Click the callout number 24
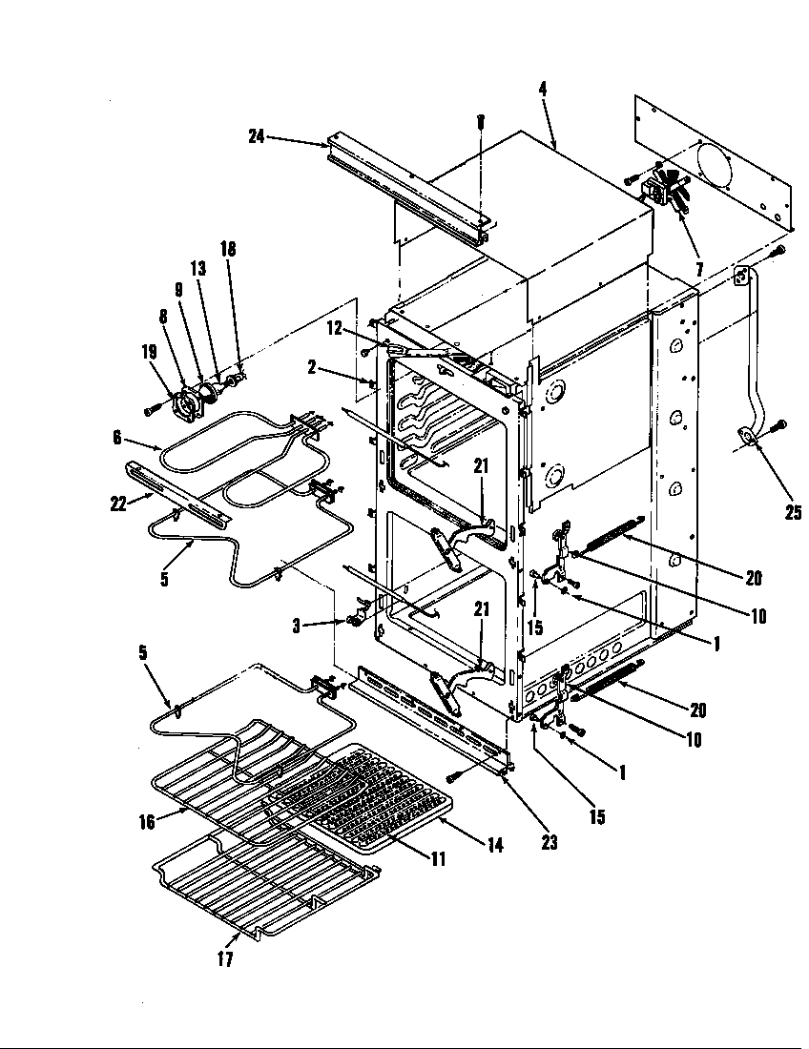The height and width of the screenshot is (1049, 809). click(x=256, y=136)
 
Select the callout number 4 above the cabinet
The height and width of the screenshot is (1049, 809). click(x=542, y=90)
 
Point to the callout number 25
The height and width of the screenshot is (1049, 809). click(x=793, y=513)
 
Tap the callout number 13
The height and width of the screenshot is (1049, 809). click(x=198, y=269)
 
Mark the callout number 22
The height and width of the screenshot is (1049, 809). click(x=119, y=504)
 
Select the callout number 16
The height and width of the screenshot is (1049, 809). click(x=146, y=822)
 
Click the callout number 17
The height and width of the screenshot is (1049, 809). click(x=225, y=960)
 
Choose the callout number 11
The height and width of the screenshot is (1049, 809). click(x=437, y=858)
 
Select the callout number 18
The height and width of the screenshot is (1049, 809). click(x=227, y=249)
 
